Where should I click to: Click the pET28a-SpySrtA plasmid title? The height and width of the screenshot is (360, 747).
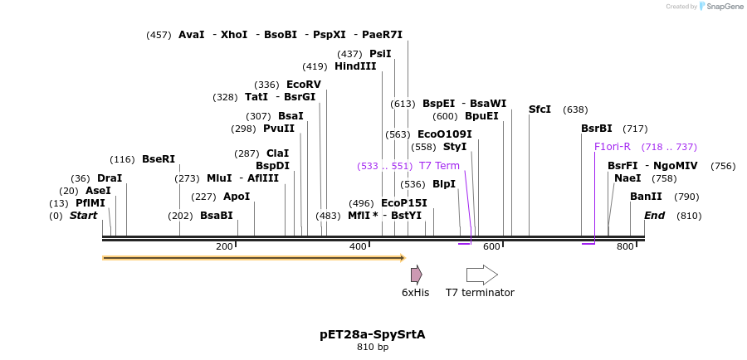pos(372,334)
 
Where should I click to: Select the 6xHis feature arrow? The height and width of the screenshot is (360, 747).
pos(416,275)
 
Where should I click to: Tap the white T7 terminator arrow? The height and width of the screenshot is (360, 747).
pos(481,275)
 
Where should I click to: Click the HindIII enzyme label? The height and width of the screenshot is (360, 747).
pos(355,66)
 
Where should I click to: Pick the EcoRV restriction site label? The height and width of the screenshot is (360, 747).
pos(303,85)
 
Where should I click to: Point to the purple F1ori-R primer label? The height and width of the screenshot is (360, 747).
pos(613,147)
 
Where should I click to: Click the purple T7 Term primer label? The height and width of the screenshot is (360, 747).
pos(439,166)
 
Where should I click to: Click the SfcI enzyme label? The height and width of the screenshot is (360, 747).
pos(539,109)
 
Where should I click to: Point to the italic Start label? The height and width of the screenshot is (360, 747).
pos(83,216)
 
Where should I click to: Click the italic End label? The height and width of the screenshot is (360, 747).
pos(654,216)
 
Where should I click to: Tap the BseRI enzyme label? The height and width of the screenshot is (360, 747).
pos(159,159)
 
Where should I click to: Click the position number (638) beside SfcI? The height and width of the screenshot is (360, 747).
pos(575,109)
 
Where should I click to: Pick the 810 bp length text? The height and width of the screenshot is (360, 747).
pos(372,347)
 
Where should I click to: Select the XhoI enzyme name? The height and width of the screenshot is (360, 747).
pos(234,35)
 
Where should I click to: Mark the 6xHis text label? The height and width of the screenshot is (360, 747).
pos(415,293)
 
